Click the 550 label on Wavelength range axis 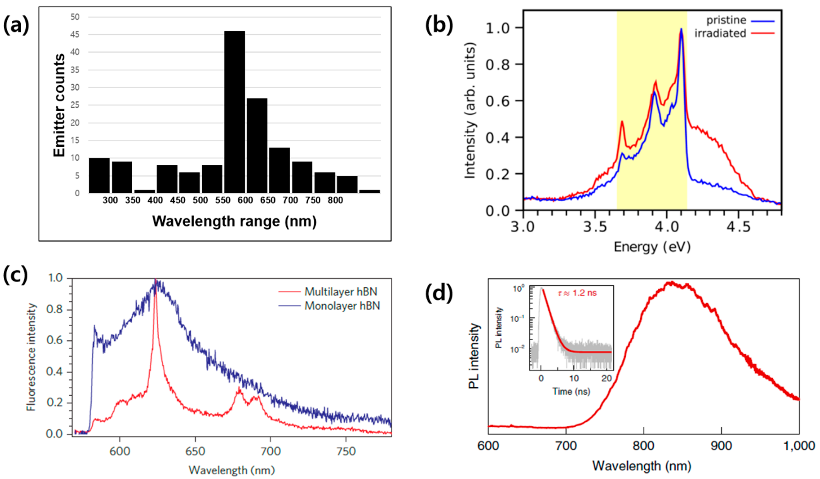click(x=223, y=200)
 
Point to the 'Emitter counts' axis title click(x=59, y=105)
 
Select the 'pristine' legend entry click(x=726, y=20)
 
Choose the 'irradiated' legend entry click(x=720, y=33)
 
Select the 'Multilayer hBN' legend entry click(x=340, y=292)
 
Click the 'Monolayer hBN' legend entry click(x=342, y=306)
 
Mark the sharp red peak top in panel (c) click(x=156, y=281)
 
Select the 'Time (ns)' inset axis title click(x=571, y=391)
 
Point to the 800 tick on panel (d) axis click(x=644, y=446)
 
